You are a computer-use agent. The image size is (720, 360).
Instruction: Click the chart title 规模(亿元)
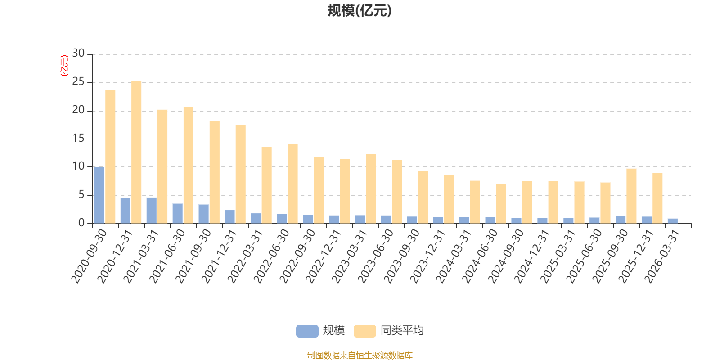tap(360, 11)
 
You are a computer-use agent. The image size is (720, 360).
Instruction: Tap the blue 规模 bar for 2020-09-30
tap(99, 195)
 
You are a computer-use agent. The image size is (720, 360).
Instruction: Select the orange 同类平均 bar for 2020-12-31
tap(136, 152)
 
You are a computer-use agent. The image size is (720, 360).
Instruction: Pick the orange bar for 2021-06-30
tap(189, 165)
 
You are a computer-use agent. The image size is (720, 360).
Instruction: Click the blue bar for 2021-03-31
tap(151, 210)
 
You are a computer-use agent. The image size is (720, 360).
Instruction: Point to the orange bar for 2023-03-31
tap(371, 189)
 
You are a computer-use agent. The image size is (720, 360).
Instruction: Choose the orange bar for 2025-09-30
tap(631, 196)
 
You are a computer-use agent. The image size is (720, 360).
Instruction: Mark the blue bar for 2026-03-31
tap(672, 221)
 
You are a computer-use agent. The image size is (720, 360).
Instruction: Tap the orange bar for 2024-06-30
tap(501, 203)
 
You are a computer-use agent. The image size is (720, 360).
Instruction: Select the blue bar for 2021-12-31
tap(229, 216)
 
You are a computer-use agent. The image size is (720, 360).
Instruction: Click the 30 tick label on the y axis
tap(78, 53)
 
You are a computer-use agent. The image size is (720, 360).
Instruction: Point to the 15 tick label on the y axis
tap(78, 138)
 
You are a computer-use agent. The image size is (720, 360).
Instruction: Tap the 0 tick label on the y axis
tap(81, 223)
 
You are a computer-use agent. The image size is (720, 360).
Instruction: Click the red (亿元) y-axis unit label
tap(65, 66)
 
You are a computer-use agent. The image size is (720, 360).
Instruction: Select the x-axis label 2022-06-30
tap(271, 256)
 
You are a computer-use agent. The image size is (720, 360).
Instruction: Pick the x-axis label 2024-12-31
tap(531, 256)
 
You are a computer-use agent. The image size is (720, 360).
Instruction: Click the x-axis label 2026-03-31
tap(662, 256)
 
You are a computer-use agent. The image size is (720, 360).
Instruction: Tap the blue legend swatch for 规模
tap(307, 331)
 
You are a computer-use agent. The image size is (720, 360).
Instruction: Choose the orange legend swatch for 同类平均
tap(365, 331)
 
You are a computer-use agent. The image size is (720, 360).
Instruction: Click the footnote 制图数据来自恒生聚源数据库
tap(360, 355)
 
